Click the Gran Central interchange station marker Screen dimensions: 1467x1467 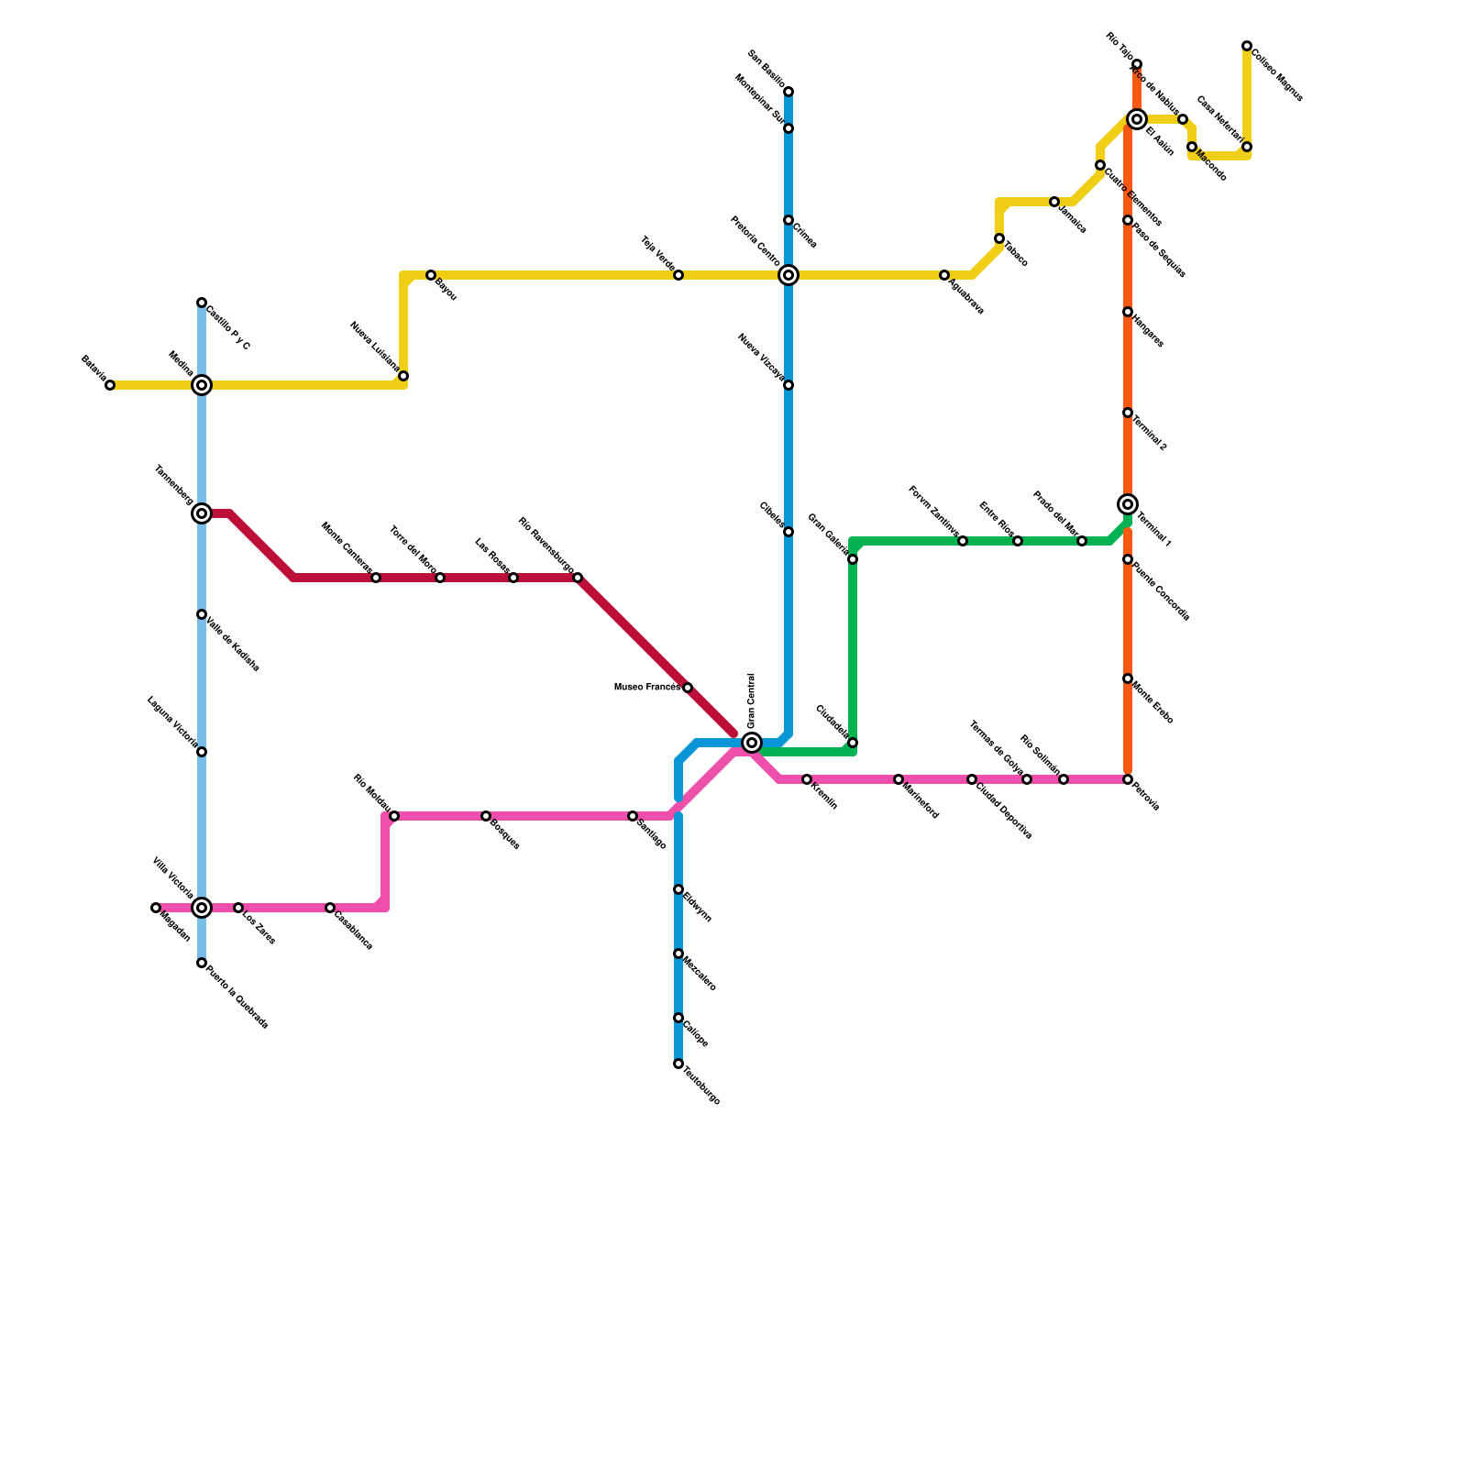click(752, 743)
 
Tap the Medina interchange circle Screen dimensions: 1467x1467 click(202, 385)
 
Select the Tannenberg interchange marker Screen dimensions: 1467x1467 click(202, 513)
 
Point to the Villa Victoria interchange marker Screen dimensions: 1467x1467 click(202, 908)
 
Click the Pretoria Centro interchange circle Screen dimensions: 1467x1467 click(789, 275)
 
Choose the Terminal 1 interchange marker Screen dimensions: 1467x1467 click(1128, 504)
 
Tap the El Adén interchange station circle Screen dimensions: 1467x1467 click(1137, 119)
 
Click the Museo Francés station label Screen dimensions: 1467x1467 click(646, 687)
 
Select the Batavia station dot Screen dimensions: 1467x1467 click(110, 385)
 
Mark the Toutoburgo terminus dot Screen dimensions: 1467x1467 click(678, 1064)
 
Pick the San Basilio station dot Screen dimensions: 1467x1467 click(789, 92)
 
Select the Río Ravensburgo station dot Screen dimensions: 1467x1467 click(578, 578)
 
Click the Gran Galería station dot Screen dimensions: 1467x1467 click(853, 559)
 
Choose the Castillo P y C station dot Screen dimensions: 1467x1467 click(202, 303)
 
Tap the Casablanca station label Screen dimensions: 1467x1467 click(354, 929)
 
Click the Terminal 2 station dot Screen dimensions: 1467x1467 click(1128, 413)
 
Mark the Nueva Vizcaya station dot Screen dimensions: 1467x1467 click(789, 385)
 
